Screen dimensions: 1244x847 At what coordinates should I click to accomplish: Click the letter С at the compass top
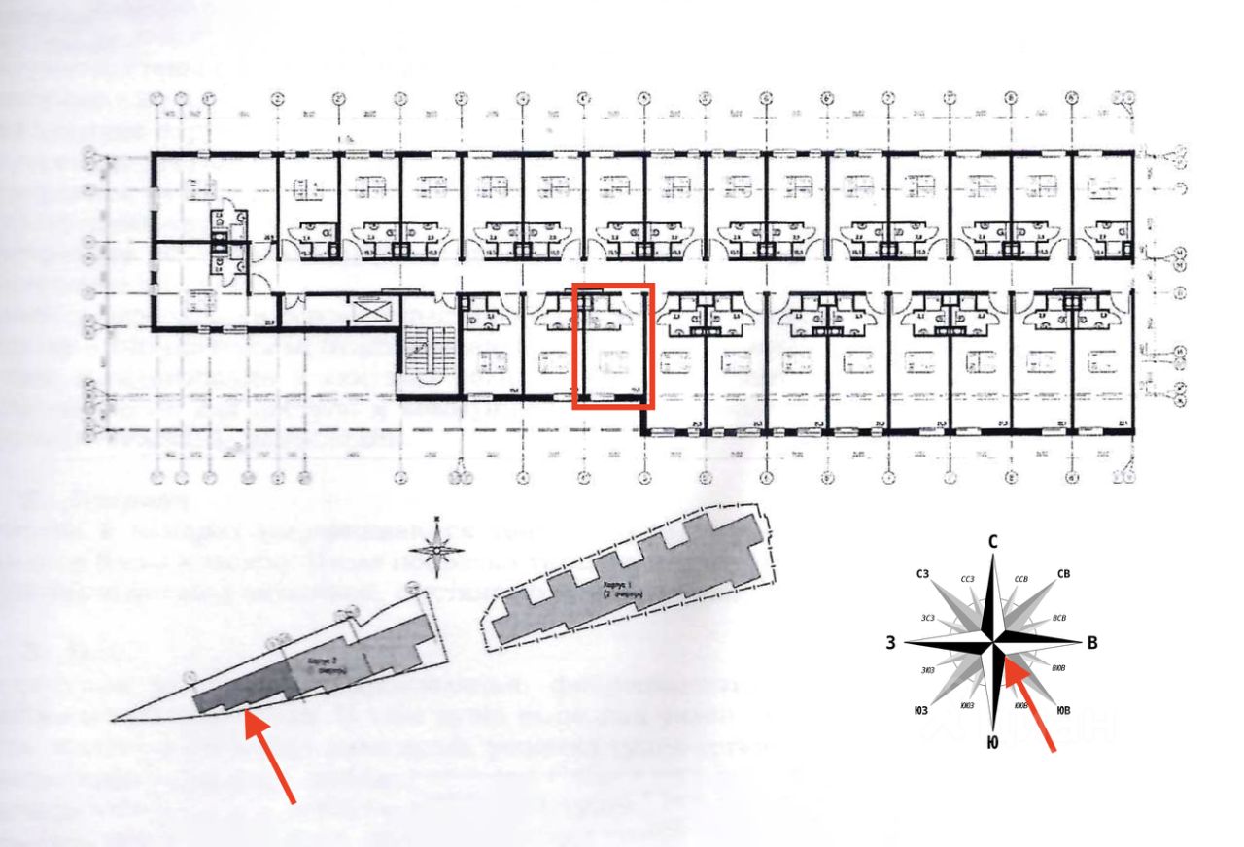(992, 542)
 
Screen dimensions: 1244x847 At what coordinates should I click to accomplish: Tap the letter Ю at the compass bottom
(991, 744)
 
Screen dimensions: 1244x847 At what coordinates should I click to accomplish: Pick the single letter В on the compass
(1091, 642)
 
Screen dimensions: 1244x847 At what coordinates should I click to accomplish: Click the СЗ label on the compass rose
(923, 575)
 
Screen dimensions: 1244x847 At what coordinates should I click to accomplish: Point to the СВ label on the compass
(1062, 575)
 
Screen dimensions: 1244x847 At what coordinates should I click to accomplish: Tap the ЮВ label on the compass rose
(1063, 711)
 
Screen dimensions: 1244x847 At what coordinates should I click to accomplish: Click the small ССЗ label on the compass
(966, 579)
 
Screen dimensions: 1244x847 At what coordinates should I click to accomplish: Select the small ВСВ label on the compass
(1059, 617)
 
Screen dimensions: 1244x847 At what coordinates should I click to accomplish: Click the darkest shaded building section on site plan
(243, 692)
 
